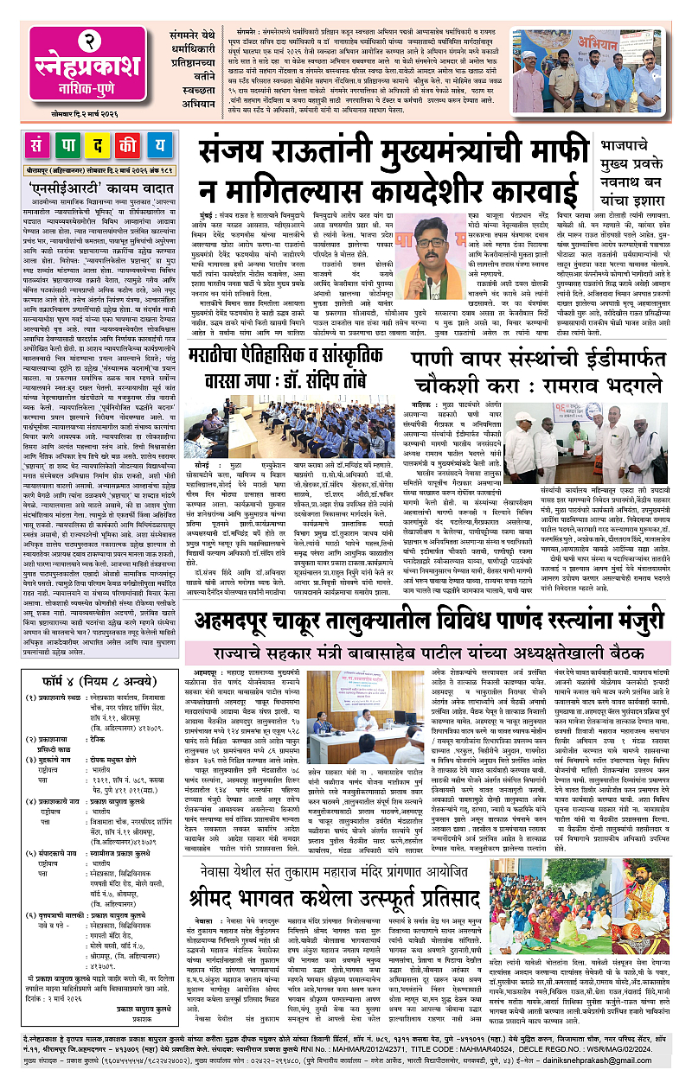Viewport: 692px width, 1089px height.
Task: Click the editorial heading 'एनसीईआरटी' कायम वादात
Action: (98, 190)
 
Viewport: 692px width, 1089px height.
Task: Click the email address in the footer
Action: (638, 1074)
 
